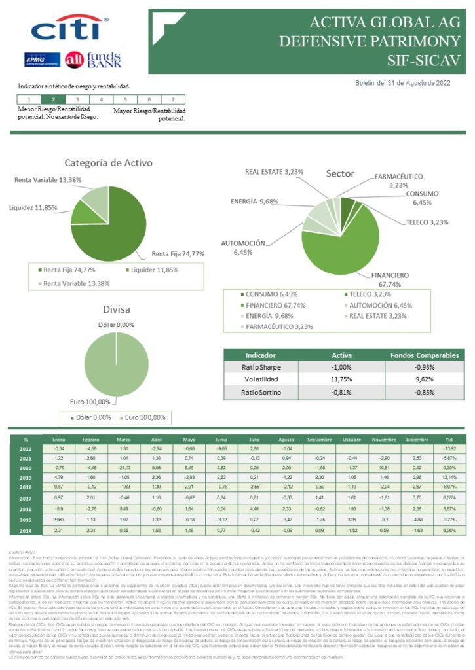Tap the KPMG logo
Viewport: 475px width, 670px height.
coord(43,60)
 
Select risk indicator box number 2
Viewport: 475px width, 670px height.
coord(53,99)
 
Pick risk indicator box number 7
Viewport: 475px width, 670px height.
coord(172,99)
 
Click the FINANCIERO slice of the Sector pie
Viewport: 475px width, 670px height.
coord(341,242)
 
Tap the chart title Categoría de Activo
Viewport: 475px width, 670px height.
coord(108,163)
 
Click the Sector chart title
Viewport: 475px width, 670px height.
coord(340,174)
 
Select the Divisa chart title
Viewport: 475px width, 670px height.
coord(117,309)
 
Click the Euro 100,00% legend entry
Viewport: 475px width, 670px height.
coord(143,417)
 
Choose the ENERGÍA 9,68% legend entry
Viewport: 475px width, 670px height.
coord(269,315)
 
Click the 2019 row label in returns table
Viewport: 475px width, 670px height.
coord(26,478)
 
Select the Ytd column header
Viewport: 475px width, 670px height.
coord(449,440)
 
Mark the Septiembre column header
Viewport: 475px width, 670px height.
coord(319,440)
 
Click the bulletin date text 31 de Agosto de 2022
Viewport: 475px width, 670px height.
coord(403,83)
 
